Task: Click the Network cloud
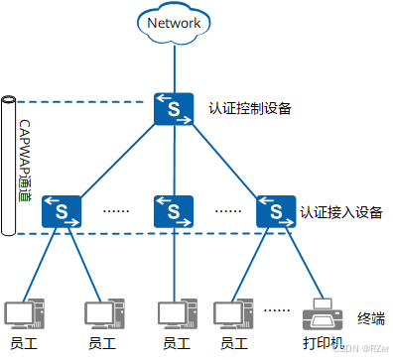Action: click(x=174, y=24)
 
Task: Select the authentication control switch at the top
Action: click(x=173, y=108)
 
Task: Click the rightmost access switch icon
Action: click(x=275, y=209)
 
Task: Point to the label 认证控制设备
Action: click(x=250, y=108)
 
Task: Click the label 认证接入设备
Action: click(x=340, y=212)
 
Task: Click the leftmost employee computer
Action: click(x=21, y=313)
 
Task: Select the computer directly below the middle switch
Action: click(x=173, y=313)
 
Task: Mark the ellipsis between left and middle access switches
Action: click(x=118, y=210)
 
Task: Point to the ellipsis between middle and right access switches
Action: click(x=227, y=210)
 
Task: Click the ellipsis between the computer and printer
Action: click(x=276, y=310)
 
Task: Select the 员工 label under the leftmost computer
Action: click(x=21, y=343)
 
